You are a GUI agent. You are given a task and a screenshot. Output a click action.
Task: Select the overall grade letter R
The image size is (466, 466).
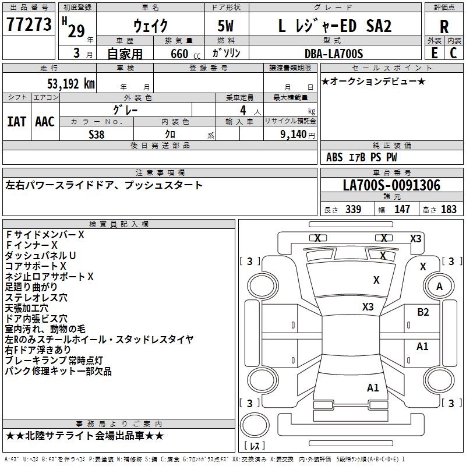(x=444, y=27)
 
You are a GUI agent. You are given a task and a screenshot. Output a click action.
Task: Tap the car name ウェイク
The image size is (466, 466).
(x=150, y=26)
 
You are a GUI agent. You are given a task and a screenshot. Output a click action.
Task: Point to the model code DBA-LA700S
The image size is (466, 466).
(x=334, y=54)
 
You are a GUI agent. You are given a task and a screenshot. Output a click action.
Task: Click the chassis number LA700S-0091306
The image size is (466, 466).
(x=391, y=185)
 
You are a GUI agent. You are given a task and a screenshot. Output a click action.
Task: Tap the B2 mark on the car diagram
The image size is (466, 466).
(x=423, y=312)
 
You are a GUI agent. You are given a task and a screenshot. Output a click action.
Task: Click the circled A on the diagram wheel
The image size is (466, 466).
(x=440, y=287)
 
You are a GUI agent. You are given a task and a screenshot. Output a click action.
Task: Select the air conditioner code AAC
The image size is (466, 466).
(x=45, y=122)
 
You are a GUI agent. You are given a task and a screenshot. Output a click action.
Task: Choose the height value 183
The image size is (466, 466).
(x=449, y=210)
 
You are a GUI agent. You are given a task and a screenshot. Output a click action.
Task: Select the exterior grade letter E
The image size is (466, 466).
(x=434, y=53)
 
